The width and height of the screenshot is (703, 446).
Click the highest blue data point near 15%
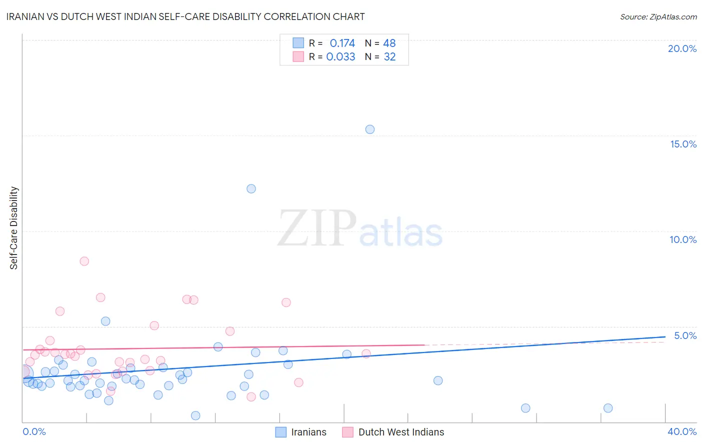(x=370, y=129)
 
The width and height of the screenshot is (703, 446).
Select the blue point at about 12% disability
(x=251, y=188)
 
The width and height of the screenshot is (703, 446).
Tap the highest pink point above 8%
(x=84, y=261)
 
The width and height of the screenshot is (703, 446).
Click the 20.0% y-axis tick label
(x=682, y=48)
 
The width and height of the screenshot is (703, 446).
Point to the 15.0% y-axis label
(x=683, y=144)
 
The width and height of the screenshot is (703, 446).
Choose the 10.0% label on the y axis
(x=683, y=239)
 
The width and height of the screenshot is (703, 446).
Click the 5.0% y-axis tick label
(x=685, y=335)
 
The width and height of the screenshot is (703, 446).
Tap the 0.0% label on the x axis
(x=34, y=431)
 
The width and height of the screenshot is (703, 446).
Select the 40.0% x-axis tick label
(x=682, y=431)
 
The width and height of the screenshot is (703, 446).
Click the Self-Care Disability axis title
(x=14, y=228)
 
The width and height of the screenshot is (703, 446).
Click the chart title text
(x=185, y=16)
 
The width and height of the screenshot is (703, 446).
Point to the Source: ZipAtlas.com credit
(x=658, y=17)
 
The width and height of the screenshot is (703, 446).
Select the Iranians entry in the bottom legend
(x=308, y=432)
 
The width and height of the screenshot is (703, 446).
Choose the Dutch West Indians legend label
(x=401, y=432)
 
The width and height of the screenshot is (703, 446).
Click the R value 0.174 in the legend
(x=342, y=43)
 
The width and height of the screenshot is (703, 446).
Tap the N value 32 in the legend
(x=389, y=57)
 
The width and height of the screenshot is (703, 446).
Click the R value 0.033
(x=340, y=57)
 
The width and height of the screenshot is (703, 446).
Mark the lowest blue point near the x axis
(x=195, y=415)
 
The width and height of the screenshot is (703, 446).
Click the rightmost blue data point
(x=608, y=408)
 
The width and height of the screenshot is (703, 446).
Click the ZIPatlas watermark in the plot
(x=360, y=229)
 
